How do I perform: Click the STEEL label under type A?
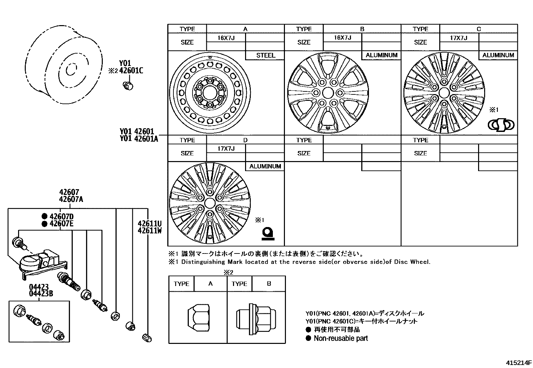coord(265,56)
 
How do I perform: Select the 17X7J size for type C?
coord(459,38)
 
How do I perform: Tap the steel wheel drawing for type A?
coord(210,93)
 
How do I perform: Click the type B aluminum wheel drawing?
coord(327,93)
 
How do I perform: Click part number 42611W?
coord(150,230)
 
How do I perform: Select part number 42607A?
coord(71,200)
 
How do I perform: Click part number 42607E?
coord(61,224)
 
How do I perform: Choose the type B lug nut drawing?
coord(257,317)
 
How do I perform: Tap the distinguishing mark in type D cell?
coord(268,233)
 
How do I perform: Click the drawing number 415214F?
coord(518,363)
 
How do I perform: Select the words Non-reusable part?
coord(340,338)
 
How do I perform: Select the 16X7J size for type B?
coord(342,38)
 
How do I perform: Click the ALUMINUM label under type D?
coord(265,166)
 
